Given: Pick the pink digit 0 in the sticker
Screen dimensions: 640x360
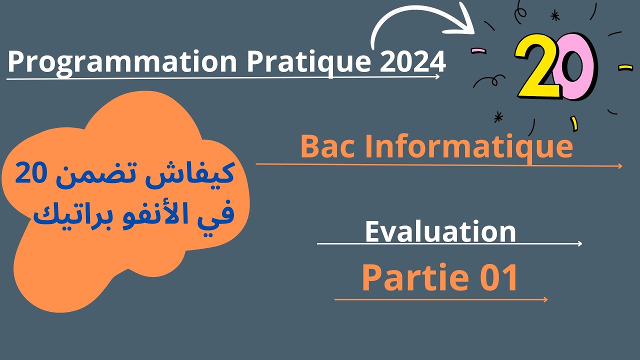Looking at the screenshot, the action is pos(577,66).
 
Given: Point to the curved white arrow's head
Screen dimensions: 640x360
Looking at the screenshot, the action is pos(464,23).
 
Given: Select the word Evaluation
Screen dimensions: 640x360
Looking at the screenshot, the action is pos(440,231).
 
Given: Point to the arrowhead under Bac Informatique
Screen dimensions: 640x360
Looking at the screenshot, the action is pos(619,166).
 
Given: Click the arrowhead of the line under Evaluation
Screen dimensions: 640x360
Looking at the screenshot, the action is pos(579,243).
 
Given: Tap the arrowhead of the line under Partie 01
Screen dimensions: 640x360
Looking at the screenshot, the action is pos(545,299).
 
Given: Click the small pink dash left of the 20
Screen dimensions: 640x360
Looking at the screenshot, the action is pos(478,51).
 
